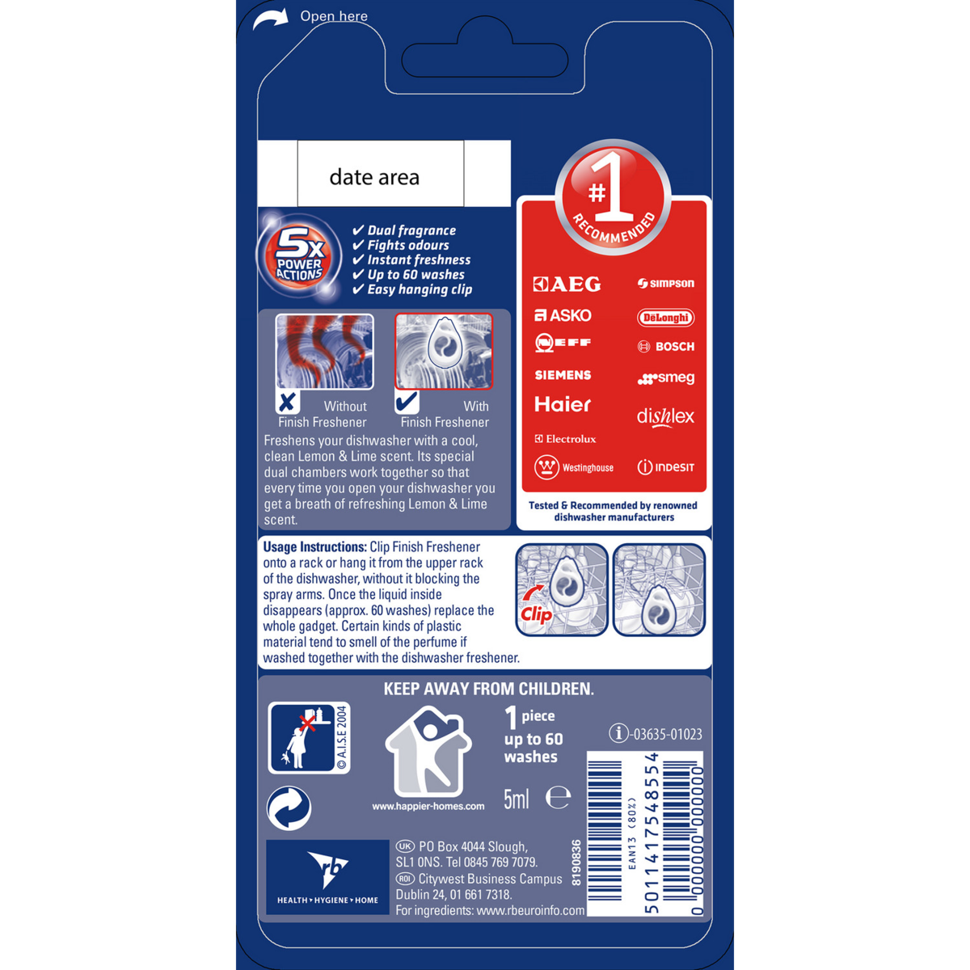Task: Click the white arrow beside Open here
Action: tap(270, 19)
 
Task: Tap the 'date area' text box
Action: tap(380, 173)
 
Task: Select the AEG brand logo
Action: tap(567, 284)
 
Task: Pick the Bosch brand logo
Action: tap(665, 346)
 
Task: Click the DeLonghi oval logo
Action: tap(665, 318)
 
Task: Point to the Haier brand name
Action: tap(563, 404)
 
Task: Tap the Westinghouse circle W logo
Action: tap(546, 468)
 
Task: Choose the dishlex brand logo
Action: tap(665, 417)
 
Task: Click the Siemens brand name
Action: tap(563, 375)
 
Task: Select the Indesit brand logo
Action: tap(665, 467)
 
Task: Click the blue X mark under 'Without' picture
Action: tap(288, 402)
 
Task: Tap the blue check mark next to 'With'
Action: tap(407, 401)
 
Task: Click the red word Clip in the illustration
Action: tap(536, 614)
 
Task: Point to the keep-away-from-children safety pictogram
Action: tap(309, 737)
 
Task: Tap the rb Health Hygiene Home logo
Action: tap(327, 876)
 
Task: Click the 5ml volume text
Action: tap(516, 799)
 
